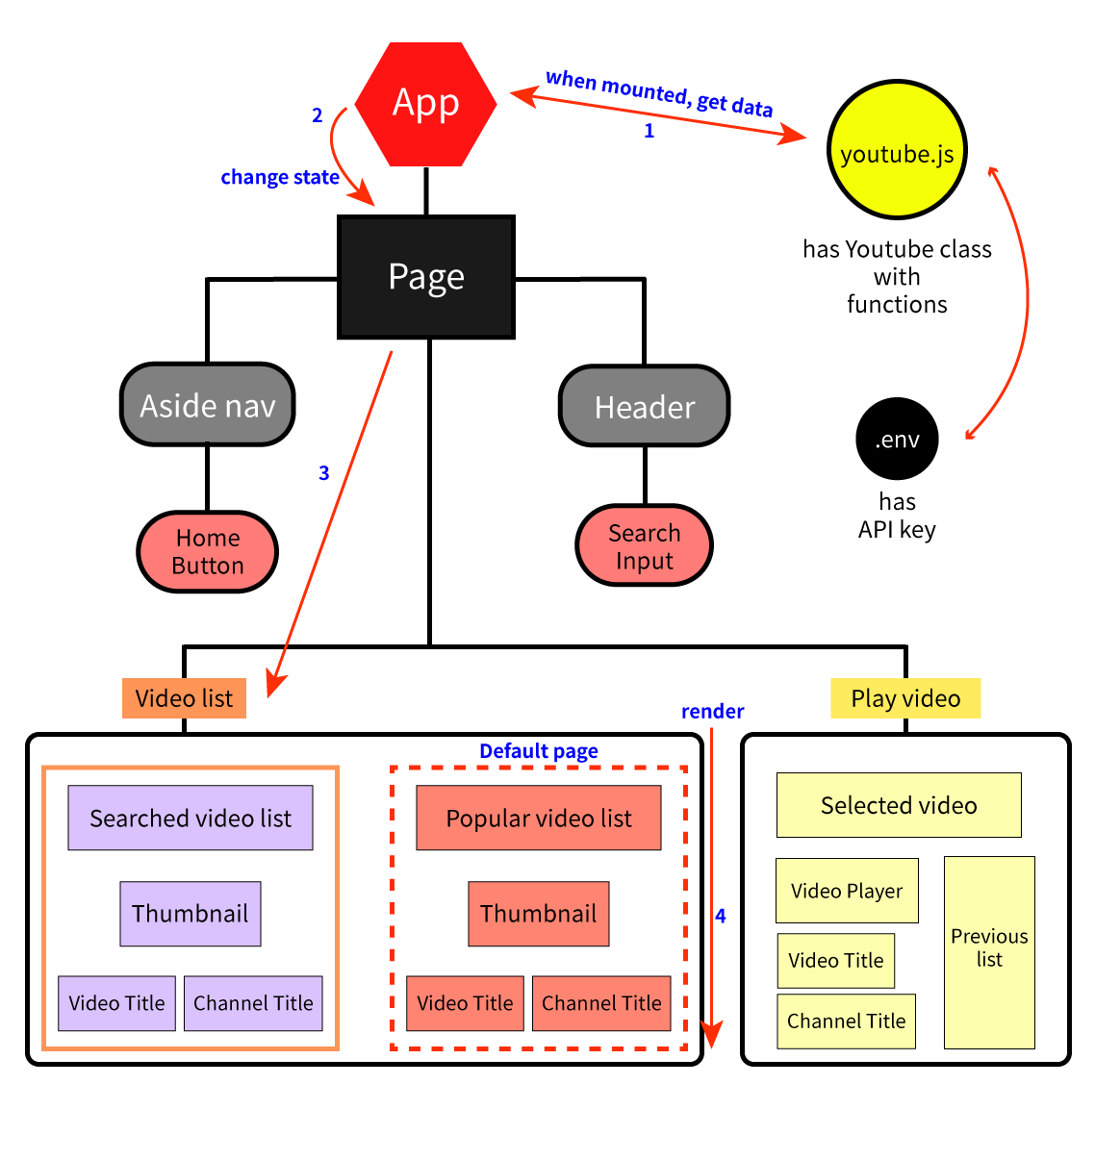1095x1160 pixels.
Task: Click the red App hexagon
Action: pyautogui.click(x=425, y=104)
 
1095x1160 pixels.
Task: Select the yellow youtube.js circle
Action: pyautogui.click(x=897, y=151)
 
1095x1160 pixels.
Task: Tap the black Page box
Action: pyautogui.click(x=426, y=277)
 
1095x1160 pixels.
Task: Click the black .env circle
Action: pyautogui.click(x=897, y=439)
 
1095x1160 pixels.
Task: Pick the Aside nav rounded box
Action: pyautogui.click(x=208, y=405)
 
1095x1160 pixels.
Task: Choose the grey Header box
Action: pyautogui.click(x=645, y=407)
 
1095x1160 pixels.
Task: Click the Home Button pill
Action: pyautogui.click(x=208, y=551)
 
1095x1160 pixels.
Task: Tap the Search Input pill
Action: pyautogui.click(x=645, y=545)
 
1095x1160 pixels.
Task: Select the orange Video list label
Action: pyautogui.click(x=184, y=698)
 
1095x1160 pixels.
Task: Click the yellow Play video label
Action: pyautogui.click(x=905, y=698)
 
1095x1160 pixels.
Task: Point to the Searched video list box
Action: pyautogui.click(x=191, y=818)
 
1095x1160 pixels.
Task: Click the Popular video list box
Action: pyautogui.click(x=539, y=818)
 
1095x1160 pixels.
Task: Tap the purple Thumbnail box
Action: pyautogui.click(x=191, y=914)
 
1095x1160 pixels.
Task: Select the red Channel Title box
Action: pyautogui.click(x=601, y=1003)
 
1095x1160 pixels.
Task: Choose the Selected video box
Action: pyautogui.click(x=899, y=805)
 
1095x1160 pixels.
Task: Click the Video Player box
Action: pyautogui.click(x=847, y=891)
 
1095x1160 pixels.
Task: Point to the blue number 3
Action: pyautogui.click(x=324, y=473)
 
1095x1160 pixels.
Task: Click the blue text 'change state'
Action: pyautogui.click(x=280, y=177)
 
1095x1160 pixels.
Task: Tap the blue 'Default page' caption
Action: pyautogui.click(x=539, y=751)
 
